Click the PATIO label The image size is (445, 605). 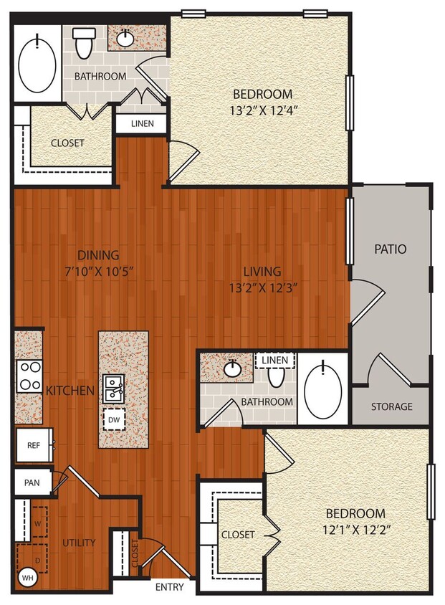tap(391, 249)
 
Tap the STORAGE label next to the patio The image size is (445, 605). tap(391, 406)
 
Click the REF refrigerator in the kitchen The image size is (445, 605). tap(33, 444)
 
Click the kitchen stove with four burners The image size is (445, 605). tap(29, 375)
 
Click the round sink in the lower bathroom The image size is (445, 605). tap(231, 369)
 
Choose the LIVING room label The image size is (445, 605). tap(262, 271)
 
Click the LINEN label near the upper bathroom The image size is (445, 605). tap(141, 124)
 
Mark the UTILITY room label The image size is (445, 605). tap(78, 543)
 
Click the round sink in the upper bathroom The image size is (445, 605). tap(125, 38)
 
